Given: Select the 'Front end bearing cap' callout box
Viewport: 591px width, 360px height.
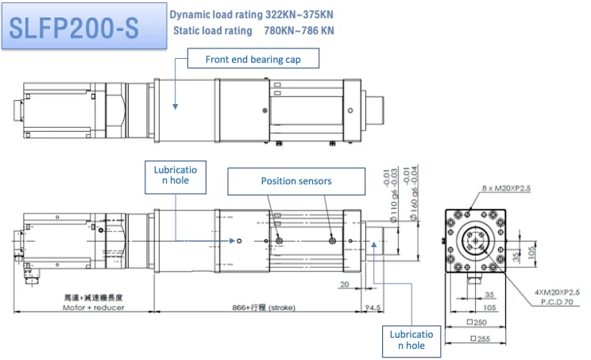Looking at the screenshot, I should pos(252,60).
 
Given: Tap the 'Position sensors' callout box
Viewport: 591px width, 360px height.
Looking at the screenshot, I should pos(295,181).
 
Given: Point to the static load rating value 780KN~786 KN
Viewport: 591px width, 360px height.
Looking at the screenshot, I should pos(299,31).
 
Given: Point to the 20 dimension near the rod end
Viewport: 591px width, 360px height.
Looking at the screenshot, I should pos(344,285).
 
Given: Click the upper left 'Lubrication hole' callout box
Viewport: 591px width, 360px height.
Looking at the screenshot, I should pos(176,178).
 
